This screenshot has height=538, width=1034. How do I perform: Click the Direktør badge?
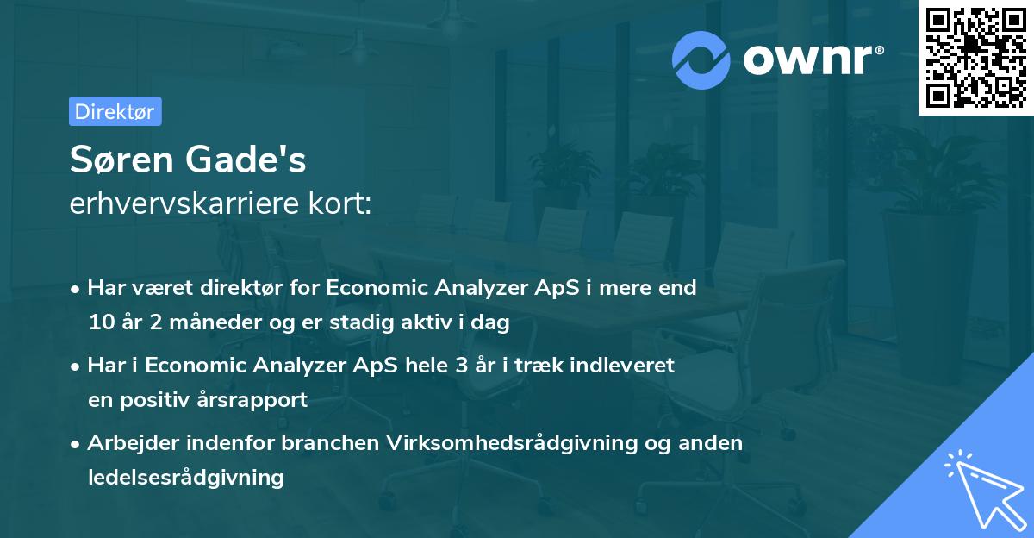[115, 111]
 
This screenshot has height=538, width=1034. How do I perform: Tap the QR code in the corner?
[976, 58]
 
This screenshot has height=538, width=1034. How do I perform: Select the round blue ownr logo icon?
[701, 59]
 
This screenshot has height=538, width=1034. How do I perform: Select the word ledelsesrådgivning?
[185, 477]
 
